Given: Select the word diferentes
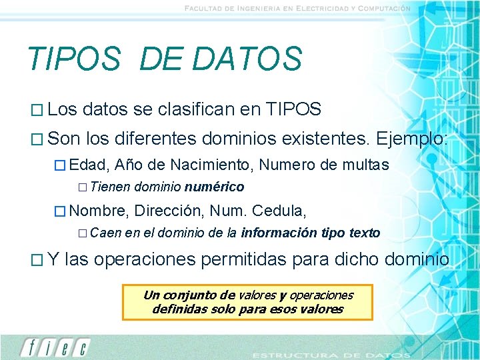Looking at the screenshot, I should pyautogui.click(x=169, y=139).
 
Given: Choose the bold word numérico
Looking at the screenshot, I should pyautogui.click(x=214, y=187).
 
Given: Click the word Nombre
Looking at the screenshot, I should pyautogui.click(x=97, y=211).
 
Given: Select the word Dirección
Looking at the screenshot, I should pyautogui.click(x=169, y=211).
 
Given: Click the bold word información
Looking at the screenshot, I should pyautogui.click(x=279, y=233).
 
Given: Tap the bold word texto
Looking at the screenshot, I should pyautogui.click(x=365, y=233).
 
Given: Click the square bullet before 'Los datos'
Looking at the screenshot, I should pyautogui.click(x=37, y=110).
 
